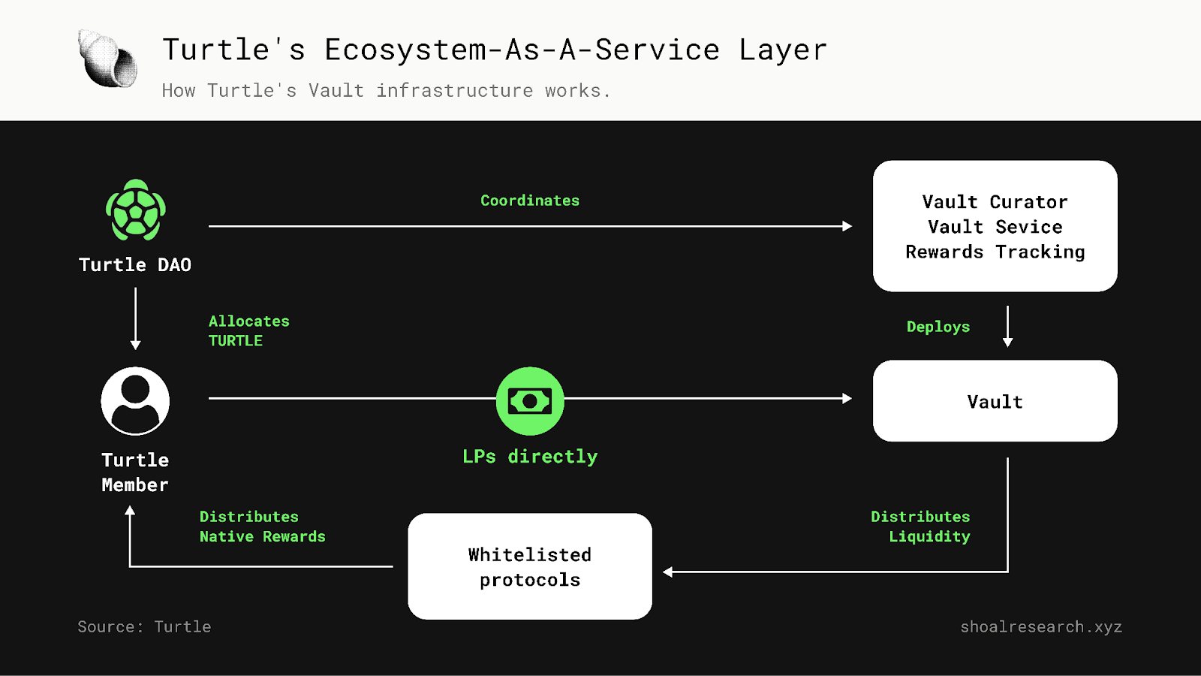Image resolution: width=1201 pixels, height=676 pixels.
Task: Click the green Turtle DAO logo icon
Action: point(135,210)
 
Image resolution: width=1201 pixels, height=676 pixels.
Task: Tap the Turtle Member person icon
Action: point(135,401)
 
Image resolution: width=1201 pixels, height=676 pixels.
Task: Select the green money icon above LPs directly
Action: point(530,401)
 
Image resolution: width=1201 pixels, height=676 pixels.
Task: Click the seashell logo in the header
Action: point(107,59)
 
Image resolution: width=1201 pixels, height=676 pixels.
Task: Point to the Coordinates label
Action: point(530,201)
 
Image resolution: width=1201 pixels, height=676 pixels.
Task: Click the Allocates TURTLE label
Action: point(248,330)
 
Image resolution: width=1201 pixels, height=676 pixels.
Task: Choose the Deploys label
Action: point(938,327)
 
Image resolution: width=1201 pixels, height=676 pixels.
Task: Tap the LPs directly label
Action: point(530,457)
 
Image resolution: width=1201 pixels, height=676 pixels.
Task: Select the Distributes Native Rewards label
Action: point(262,527)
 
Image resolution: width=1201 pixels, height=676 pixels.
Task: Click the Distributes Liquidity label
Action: point(921,527)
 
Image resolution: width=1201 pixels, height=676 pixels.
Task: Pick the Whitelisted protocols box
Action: point(530,566)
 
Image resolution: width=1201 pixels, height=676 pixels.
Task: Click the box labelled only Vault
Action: point(995,401)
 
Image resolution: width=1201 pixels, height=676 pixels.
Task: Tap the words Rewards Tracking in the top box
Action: point(995,252)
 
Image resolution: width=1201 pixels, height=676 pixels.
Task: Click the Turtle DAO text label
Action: point(135,265)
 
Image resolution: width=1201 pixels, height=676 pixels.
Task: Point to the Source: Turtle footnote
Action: point(144,626)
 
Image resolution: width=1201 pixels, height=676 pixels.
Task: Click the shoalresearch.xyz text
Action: point(1041,626)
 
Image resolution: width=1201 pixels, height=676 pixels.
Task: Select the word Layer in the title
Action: point(783,50)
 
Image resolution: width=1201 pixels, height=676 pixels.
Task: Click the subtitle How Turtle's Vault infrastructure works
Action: point(386,91)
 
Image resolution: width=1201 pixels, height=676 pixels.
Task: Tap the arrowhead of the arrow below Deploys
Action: point(1007,342)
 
